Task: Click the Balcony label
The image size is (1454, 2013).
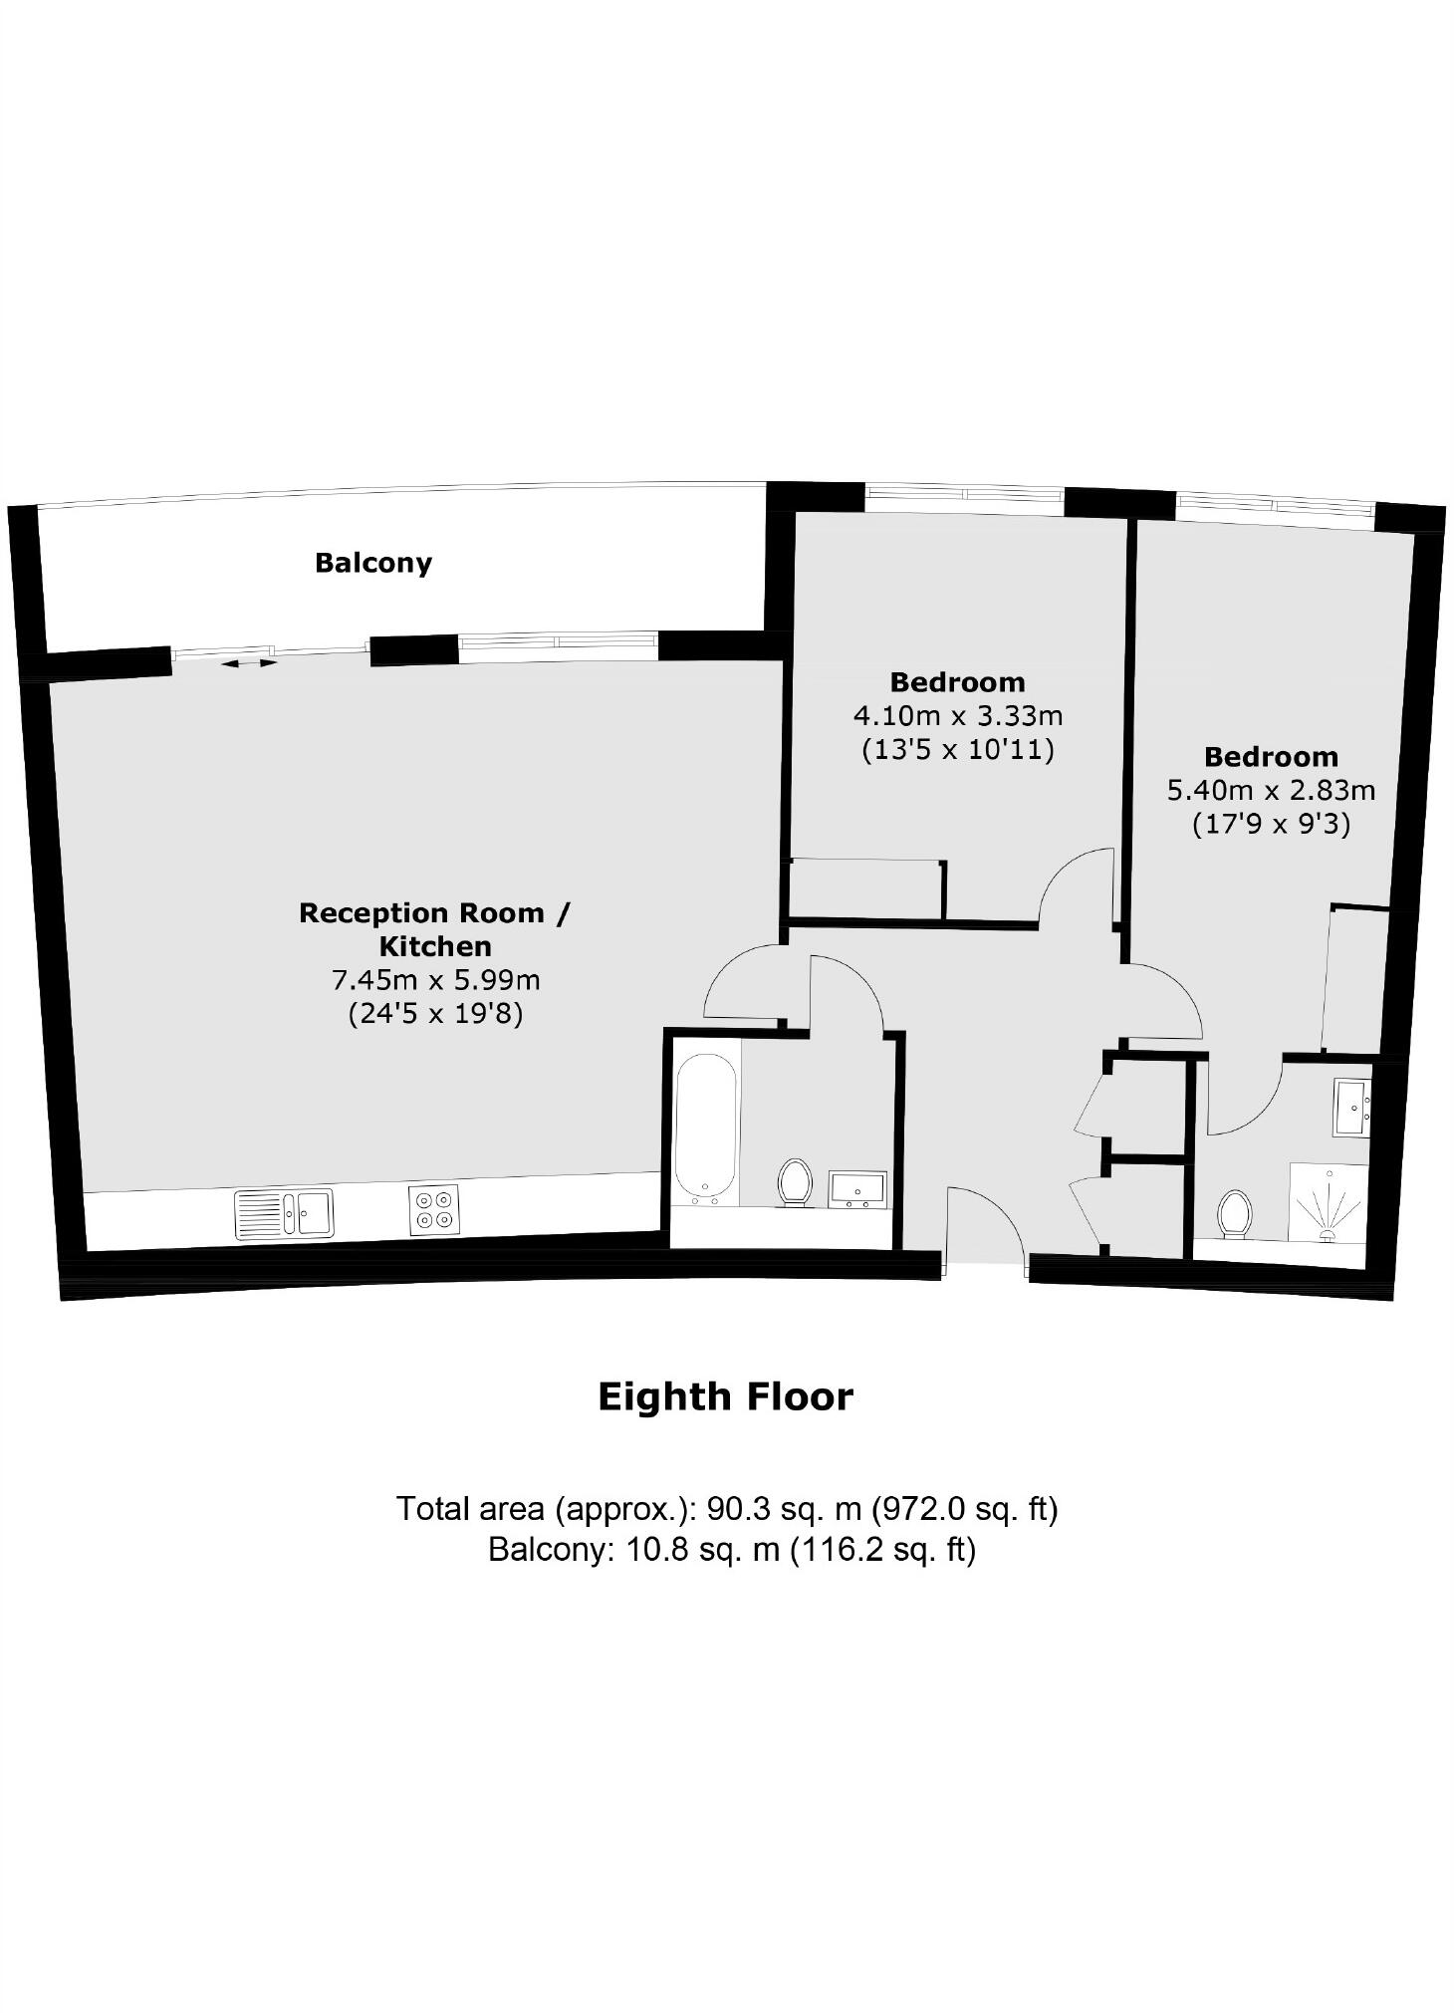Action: tap(373, 563)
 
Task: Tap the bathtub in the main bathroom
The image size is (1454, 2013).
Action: tap(706, 1127)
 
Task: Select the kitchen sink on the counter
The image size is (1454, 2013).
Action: tap(285, 1214)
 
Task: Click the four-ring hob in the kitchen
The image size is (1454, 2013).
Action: tap(434, 1209)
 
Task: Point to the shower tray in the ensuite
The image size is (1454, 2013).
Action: tap(1329, 1202)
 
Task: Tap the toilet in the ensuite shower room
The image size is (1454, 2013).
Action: tap(1234, 1214)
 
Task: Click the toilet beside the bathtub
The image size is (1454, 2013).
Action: tap(794, 1182)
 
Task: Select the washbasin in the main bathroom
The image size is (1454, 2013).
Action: tap(858, 1189)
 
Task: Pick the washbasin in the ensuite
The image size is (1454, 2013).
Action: tap(1352, 1108)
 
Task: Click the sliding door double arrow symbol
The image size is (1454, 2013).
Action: tap(249, 662)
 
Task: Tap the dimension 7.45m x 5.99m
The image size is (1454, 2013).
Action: tap(435, 980)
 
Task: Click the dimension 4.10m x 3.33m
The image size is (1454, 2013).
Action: tap(957, 715)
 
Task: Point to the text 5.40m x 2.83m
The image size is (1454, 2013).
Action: tap(1271, 791)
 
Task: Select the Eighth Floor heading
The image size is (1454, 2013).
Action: tap(725, 1397)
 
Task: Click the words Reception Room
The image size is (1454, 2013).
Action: tap(422, 913)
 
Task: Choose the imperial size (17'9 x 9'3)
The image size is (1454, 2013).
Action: tap(1271, 825)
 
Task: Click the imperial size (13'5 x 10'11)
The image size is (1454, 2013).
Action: tap(957, 749)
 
